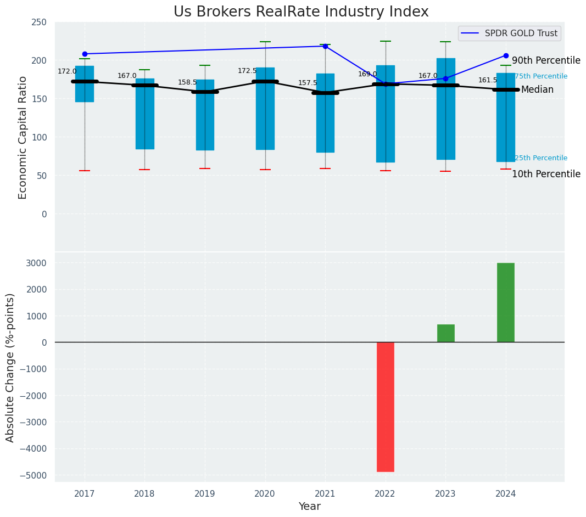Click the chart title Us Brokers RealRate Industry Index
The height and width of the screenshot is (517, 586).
click(301, 12)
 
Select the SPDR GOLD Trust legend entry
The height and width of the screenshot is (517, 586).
click(521, 33)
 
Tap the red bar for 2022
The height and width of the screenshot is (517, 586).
click(385, 407)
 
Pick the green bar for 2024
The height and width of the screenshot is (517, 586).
click(505, 302)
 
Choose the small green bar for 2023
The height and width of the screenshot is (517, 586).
click(445, 333)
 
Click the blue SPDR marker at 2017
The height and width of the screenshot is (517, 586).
click(85, 54)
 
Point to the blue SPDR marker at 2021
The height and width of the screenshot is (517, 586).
click(325, 46)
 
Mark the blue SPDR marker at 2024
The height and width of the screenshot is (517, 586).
click(506, 55)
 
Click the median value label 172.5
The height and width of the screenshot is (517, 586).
click(247, 71)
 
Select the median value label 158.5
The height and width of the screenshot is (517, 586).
click(187, 82)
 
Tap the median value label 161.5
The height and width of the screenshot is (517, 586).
click(488, 80)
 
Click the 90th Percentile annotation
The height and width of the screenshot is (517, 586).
click(546, 60)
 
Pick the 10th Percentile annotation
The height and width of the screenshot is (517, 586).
click(546, 174)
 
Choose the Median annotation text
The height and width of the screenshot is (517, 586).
click(537, 89)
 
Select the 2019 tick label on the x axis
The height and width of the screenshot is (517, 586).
click(205, 493)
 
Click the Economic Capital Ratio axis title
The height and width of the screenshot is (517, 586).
click(23, 137)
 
